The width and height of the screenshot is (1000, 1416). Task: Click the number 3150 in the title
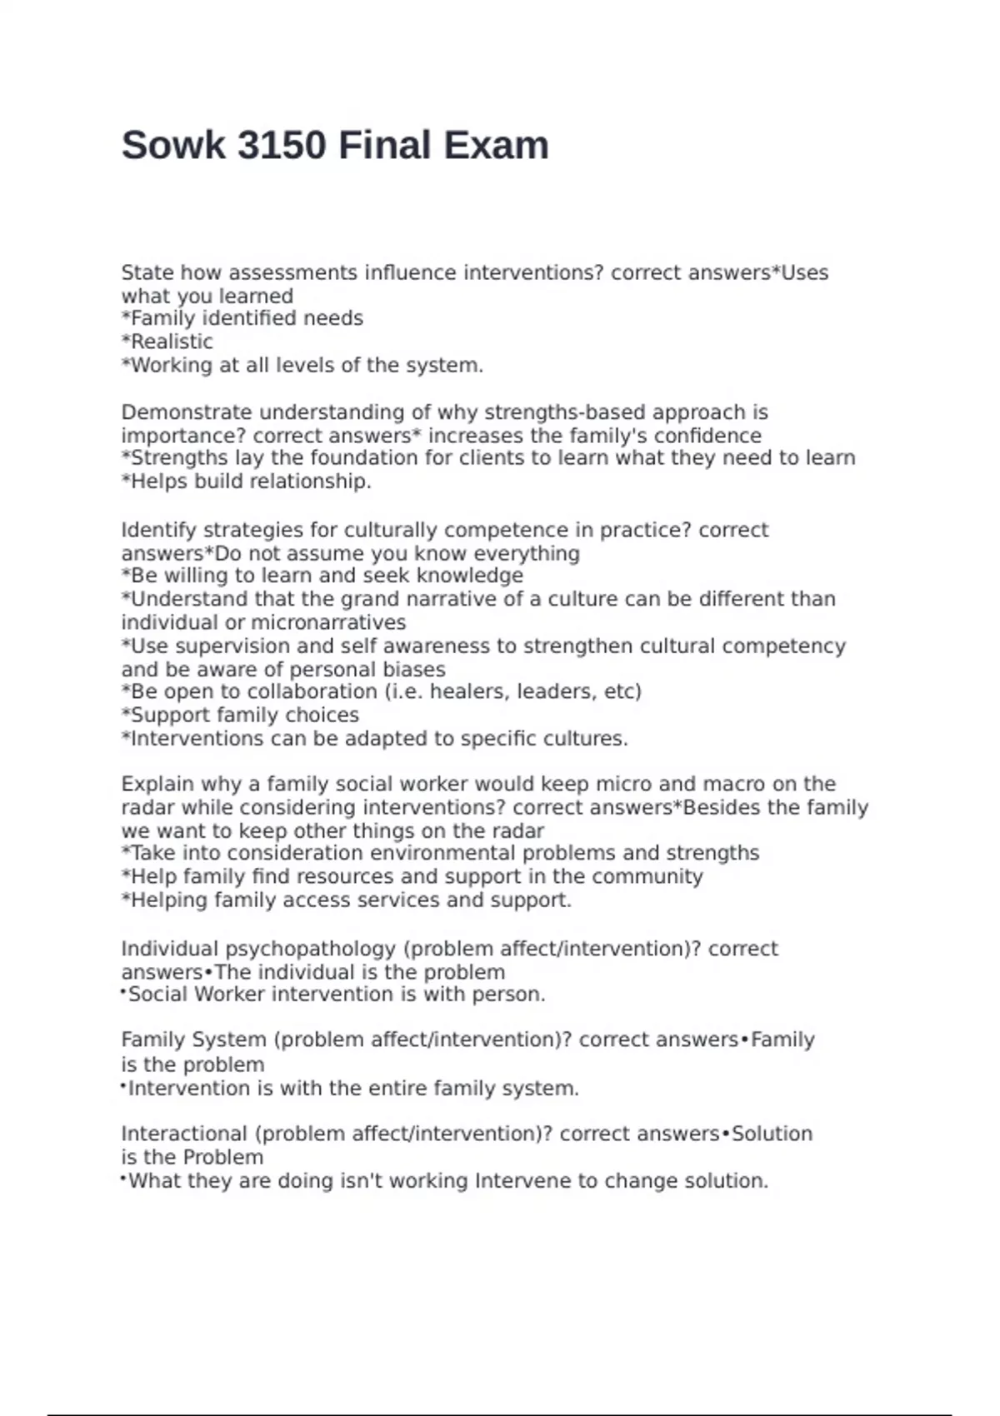pyautogui.click(x=281, y=145)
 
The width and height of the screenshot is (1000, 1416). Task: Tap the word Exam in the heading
pyautogui.click(x=496, y=145)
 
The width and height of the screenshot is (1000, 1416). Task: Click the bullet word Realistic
pyautogui.click(x=172, y=342)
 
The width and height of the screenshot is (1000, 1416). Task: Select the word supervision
pyautogui.click(x=232, y=646)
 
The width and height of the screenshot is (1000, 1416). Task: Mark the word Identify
pyautogui.click(x=158, y=530)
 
